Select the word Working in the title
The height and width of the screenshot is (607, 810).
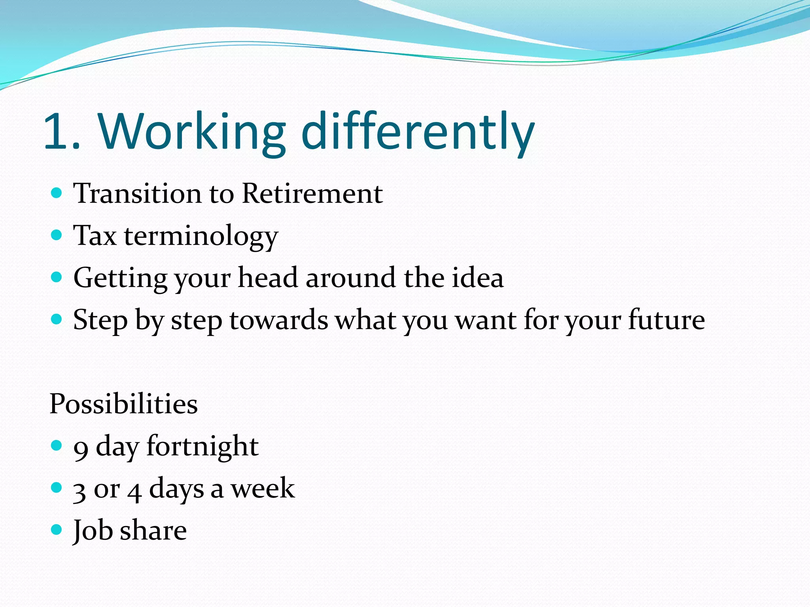pyautogui.click(x=192, y=131)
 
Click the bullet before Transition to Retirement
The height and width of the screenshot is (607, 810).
pyautogui.click(x=57, y=193)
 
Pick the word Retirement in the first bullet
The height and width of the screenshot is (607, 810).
pyautogui.click(x=312, y=194)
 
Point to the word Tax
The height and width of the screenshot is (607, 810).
pyautogui.click(x=95, y=236)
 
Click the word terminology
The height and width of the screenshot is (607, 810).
pyautogui.click(x=201, y=236)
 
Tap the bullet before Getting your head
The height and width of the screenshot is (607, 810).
pyautogui.click(x=57, y=277)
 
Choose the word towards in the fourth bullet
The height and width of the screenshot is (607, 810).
pyautogui.click(x=278, y=320)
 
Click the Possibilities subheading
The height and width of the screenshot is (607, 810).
pyautogui.click(x=123, y=404)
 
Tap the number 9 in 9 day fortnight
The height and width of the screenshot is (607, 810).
pyautogui.click(x=81, y=449)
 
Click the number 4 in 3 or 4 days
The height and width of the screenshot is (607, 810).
pyautogui.click(x=134, y=492)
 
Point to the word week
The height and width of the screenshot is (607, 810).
pyautogui.click(x=263, y=488)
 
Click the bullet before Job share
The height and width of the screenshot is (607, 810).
pyautogui.click(x=57, y=529)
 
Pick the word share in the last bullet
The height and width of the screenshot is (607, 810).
pyautogui.click(x=153, y=530)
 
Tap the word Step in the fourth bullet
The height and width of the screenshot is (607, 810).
pyautogui.click(x=100, y=320)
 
